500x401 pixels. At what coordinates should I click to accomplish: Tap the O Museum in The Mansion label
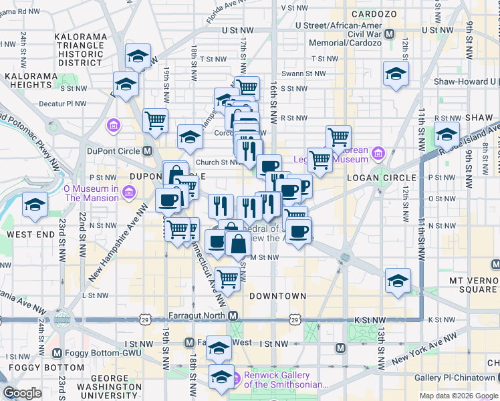[x=91, y=193]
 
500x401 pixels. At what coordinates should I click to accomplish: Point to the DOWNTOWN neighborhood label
[x=277, y=295]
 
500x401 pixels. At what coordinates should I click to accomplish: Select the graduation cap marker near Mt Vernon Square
[x=398, y=280]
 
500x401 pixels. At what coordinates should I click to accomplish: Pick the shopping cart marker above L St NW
[x=228, y=279]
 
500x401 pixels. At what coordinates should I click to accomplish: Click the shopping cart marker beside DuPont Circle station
[x=155, y=121]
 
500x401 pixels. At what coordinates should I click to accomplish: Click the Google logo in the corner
[x=22, y=394]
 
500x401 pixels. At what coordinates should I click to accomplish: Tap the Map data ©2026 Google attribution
[x=459, y=396]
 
